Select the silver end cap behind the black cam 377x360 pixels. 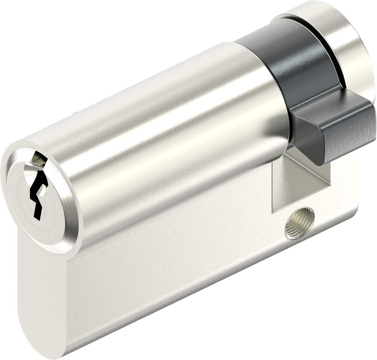[346, 40]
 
